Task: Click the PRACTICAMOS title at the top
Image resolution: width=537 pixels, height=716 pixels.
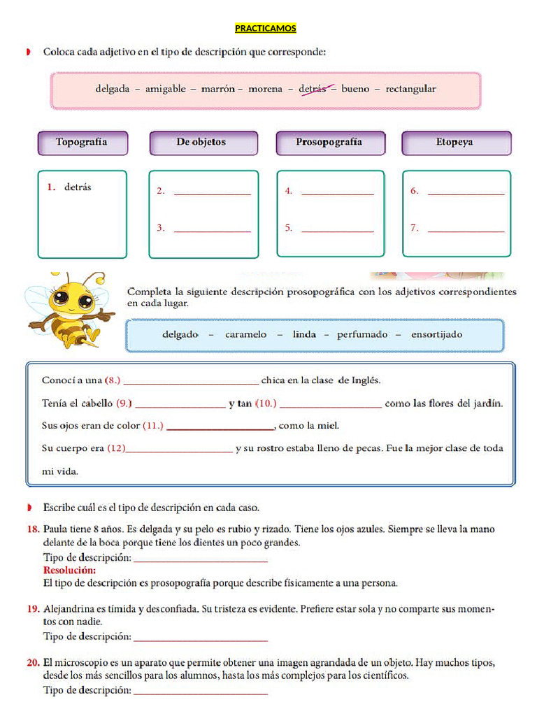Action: click(265, 29)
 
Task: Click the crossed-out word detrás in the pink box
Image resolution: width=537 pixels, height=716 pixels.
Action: click(313, 89)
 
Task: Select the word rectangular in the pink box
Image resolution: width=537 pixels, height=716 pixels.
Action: click(410, 89)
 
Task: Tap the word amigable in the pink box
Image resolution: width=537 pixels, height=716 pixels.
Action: click(166, 89)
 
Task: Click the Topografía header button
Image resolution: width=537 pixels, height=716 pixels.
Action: click(82, 143)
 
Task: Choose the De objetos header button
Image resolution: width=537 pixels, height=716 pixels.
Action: click(201, 143)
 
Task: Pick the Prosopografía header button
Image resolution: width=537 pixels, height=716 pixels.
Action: click(329, 143)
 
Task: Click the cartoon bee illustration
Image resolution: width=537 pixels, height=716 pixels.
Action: click(70, 308)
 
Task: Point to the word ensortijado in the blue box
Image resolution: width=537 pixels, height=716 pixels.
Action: click(436, 335)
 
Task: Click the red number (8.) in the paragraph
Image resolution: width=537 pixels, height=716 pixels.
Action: click(113, 381)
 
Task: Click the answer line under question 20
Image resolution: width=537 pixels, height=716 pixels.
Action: click(200, 692)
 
